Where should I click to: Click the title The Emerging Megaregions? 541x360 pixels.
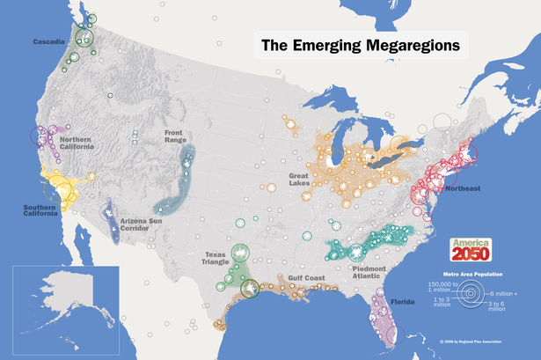tap(362, 43)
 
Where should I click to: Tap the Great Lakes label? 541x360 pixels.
tap(303, 180)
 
